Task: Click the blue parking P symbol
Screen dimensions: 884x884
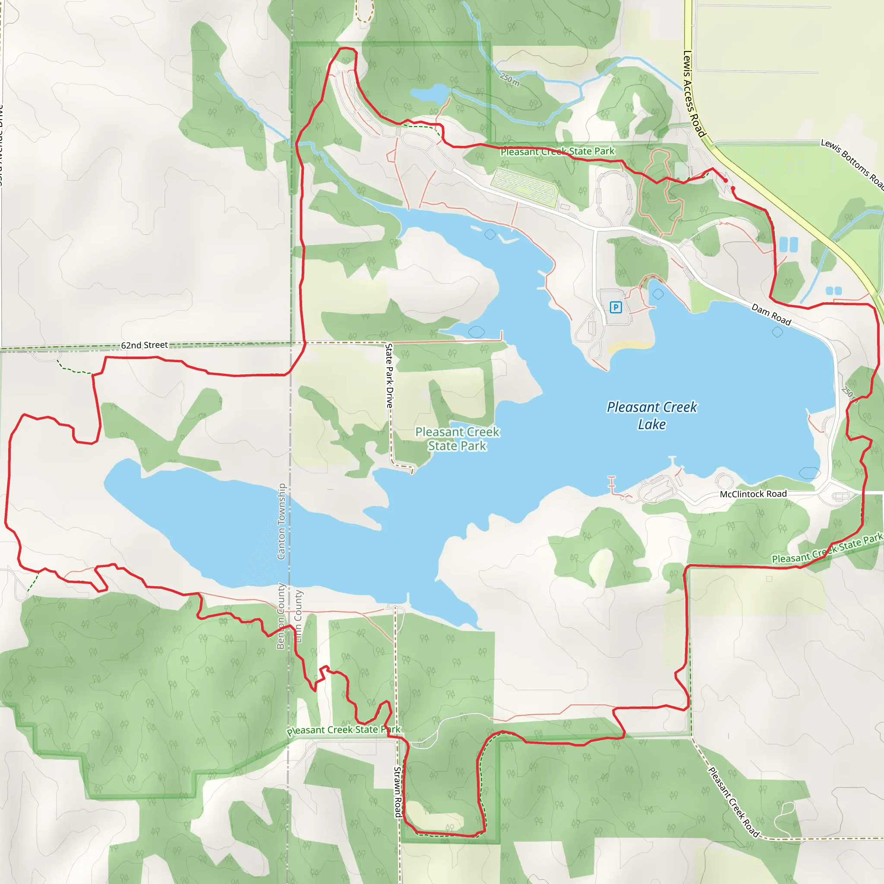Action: pos(616,307)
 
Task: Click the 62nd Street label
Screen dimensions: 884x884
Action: pos(144,345)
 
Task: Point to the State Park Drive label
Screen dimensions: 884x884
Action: pos(389,375)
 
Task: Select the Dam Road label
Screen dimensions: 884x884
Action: pos(771,315)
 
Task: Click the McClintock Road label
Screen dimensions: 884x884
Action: pos(753,494)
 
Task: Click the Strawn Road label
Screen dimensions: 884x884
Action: pos(398,792)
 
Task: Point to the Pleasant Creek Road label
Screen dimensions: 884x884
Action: pos(733,802)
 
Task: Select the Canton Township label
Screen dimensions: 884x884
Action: pos(281,521)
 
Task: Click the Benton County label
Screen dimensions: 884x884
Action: pos(281,616)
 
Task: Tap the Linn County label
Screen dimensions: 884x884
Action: pos(298,617)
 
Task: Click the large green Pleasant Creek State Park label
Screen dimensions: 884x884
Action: pos(457,439)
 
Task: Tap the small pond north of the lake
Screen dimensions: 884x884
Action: pos(429,94)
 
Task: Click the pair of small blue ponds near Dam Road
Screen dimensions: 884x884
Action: pos(788,244)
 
